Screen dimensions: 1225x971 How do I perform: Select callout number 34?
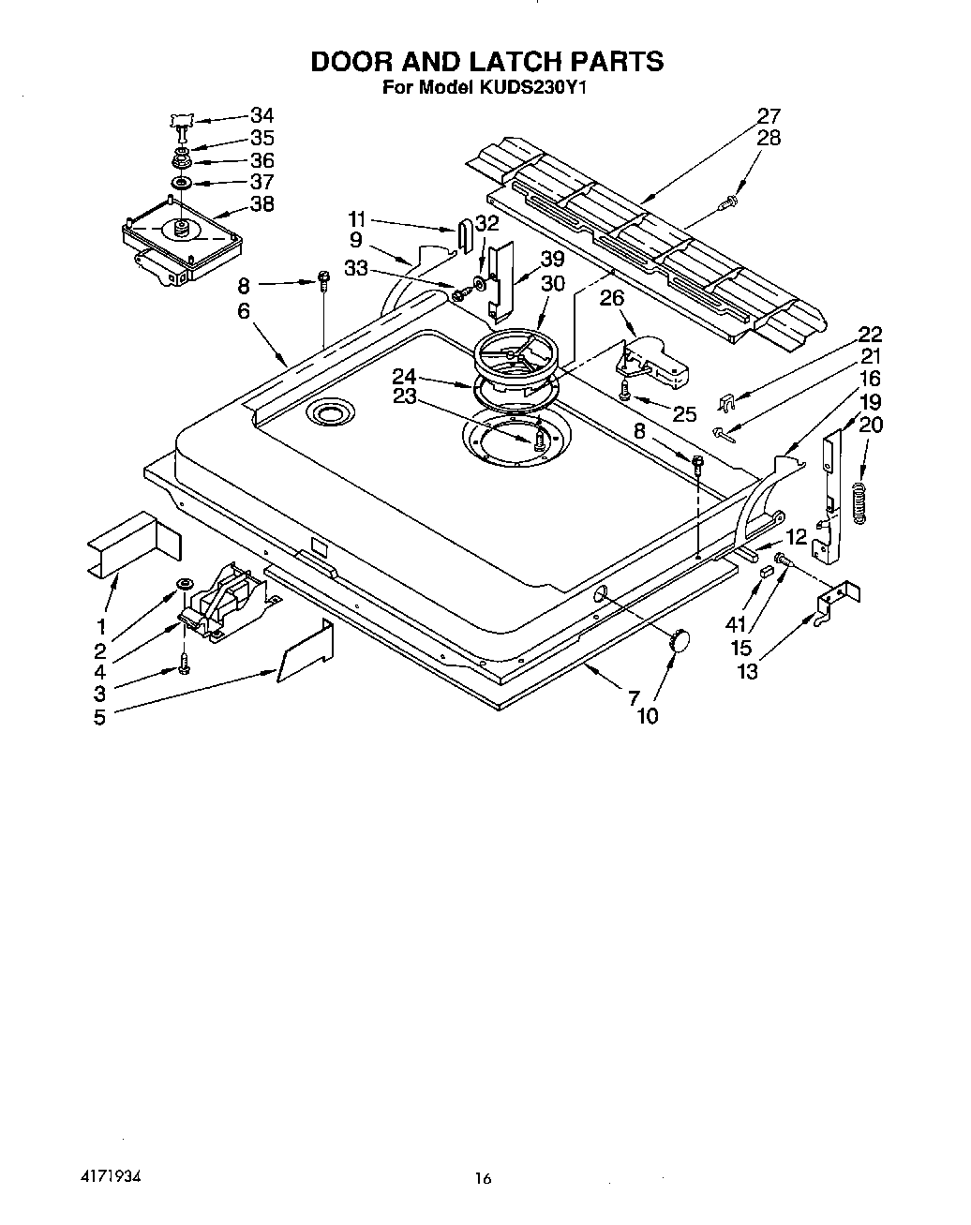tap(261, 115)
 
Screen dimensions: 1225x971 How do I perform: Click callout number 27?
tap(769, 116)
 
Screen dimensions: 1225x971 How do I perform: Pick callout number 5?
tap(99, 718)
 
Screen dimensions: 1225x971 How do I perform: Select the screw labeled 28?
tap(728, 200)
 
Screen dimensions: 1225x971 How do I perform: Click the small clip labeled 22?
tap(725, 403)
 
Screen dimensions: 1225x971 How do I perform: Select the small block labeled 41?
tap(766, 571)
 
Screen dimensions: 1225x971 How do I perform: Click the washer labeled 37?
tap(181, 181)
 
